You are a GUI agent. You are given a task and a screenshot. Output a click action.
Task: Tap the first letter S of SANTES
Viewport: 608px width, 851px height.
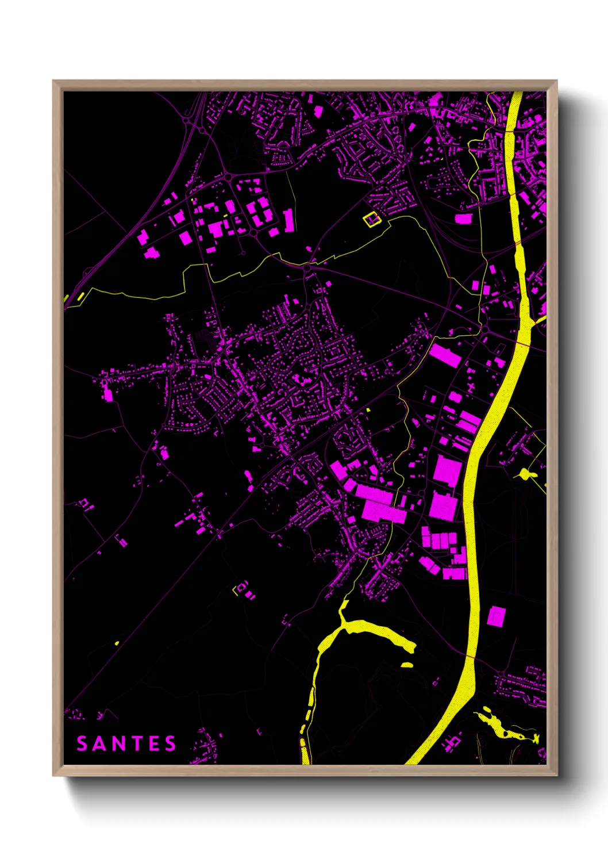point(82,743)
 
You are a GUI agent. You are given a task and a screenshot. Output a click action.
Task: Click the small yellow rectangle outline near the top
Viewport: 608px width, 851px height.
point(371,219)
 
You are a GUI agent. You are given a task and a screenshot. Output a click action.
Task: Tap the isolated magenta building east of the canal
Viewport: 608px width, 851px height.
point(497,616)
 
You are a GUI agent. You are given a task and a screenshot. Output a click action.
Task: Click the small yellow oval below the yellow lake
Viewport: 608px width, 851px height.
point(407,665)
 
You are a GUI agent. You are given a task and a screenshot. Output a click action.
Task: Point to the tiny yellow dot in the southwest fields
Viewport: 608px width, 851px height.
point(117,643)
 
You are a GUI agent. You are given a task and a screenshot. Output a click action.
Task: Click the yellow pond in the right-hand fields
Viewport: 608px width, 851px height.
point(525,474)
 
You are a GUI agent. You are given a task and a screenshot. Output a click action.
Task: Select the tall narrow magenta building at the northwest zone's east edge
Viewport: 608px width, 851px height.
point(289,221)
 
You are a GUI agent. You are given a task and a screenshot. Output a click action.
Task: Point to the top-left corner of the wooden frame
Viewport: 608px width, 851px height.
point(54,82)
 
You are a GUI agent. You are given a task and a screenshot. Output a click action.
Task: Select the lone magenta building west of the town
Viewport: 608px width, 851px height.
point(108,395)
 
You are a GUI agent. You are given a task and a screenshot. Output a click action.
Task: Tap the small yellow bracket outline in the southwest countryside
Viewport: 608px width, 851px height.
point(234,591)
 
